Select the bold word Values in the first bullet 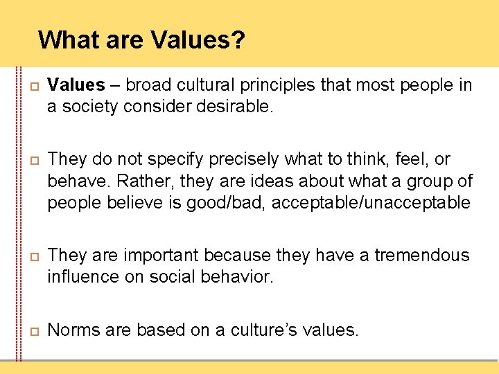76,85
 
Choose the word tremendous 422,256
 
